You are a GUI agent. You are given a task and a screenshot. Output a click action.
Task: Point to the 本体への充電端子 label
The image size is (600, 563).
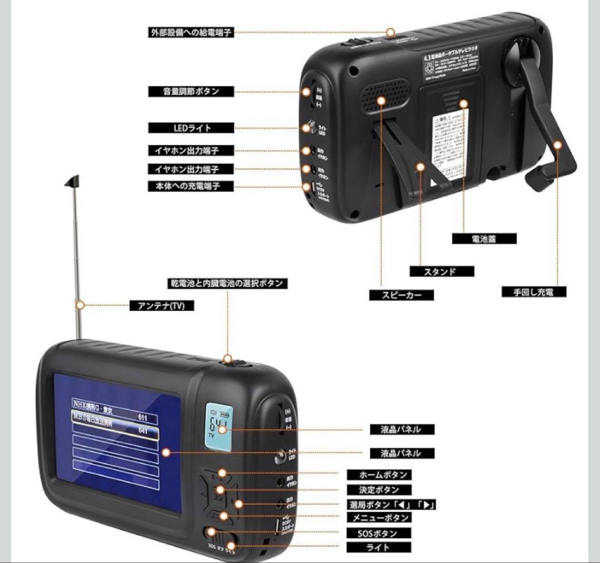click(183, 186)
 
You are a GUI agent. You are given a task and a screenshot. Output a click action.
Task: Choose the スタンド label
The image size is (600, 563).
click(442, 272)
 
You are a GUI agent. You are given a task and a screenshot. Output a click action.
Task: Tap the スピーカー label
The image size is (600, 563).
click(402, 295)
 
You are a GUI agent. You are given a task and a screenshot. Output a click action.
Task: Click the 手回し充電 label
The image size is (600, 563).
click(533, 291)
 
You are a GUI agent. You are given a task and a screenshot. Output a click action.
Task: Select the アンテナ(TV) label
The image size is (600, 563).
click(162, 305)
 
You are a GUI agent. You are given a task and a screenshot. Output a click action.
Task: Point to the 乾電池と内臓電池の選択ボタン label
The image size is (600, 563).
click(227, 283)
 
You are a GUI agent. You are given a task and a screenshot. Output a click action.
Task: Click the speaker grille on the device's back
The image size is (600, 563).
click(384, 95)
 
